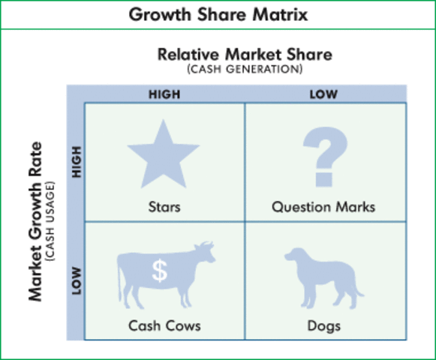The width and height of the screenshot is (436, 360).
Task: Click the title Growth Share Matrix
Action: click(218, 14)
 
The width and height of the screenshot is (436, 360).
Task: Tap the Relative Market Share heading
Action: click(245, 55)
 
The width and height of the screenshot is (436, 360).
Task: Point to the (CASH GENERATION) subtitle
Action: click(245, 69)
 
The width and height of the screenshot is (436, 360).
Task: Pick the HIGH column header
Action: click(164, 94)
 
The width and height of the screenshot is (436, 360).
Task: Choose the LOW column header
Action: click(324, 94)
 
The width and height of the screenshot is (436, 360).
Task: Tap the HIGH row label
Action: click(75, 161)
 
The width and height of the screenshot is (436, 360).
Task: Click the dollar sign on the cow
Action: click(159, 271)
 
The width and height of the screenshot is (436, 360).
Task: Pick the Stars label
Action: click(164, 205)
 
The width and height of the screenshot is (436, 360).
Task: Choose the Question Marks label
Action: click(323, 205)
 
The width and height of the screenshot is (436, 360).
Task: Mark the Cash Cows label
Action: click(164, 326)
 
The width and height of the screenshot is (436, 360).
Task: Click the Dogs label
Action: click(323, 326)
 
